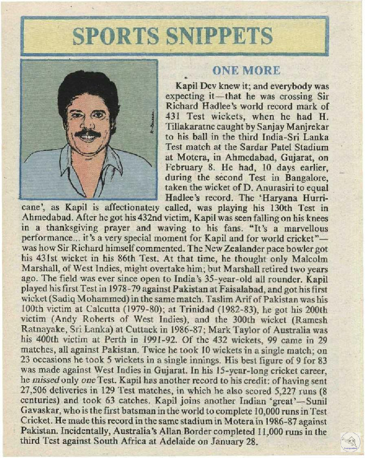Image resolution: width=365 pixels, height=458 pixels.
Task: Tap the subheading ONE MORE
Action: (247, 71)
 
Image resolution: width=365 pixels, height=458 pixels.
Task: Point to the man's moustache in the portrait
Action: (87, 132)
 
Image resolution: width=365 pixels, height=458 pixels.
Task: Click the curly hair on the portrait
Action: (87, 87)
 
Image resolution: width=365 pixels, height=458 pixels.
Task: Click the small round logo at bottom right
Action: (350, 441)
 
